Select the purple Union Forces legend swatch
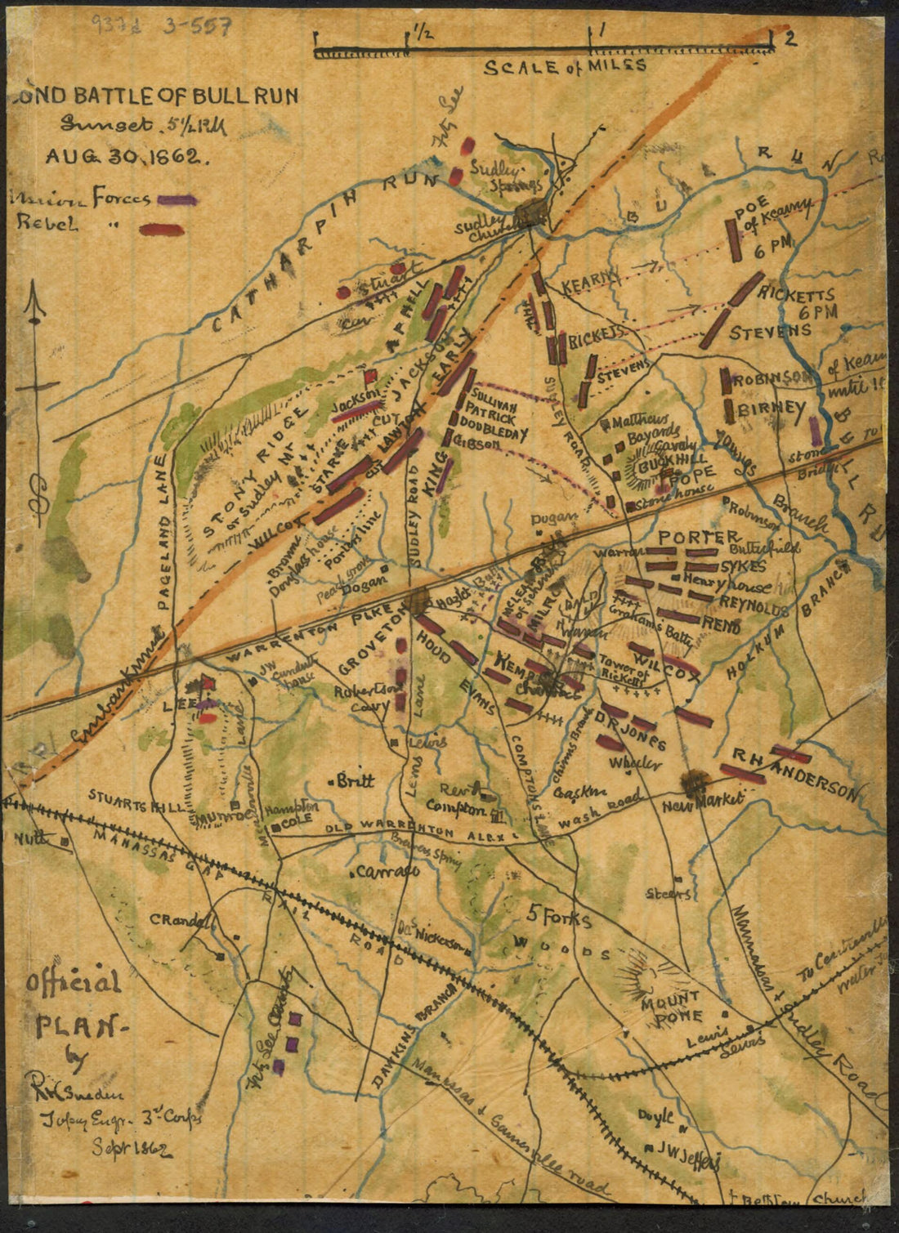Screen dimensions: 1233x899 [x=177, y=199]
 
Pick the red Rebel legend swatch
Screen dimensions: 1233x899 [x=162, y=230]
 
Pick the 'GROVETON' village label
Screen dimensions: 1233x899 [x=371, y=646]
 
